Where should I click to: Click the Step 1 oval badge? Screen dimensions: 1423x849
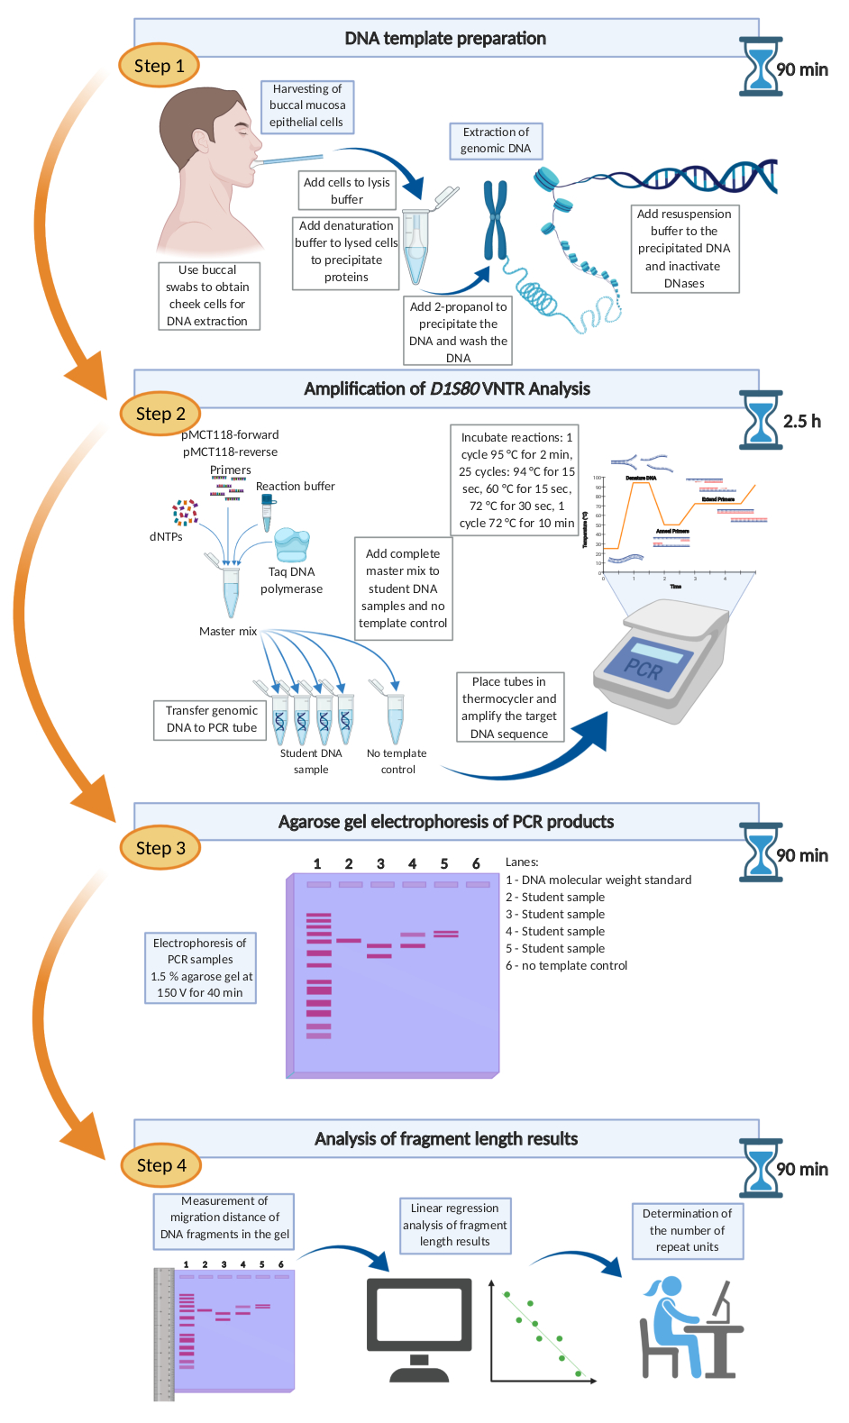click(159, 66)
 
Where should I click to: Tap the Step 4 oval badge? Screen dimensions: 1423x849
click(161, 1165)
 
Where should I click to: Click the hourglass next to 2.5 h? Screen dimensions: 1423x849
click(760, 420)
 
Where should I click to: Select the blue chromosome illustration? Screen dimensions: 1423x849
click(495, 220)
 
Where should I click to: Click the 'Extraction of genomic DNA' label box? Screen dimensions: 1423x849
click(496, 141)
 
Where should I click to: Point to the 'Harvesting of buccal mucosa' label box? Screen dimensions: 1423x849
click(306, 106)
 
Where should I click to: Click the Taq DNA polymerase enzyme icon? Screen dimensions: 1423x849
click(291, 544)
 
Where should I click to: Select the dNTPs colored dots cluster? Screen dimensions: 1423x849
click(185, 513)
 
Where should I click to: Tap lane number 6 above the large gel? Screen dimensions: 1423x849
click(476, 863)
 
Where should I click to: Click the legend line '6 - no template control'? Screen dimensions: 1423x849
click(566, 965)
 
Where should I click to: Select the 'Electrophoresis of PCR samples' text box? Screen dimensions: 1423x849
click(200, 968)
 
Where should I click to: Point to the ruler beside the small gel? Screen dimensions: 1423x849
click(163, 1333)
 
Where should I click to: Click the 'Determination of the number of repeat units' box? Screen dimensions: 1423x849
click(687, 1230)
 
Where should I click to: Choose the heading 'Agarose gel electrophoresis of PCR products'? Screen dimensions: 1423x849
click(446, 822)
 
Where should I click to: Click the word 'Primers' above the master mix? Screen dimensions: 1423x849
click(231, 470)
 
